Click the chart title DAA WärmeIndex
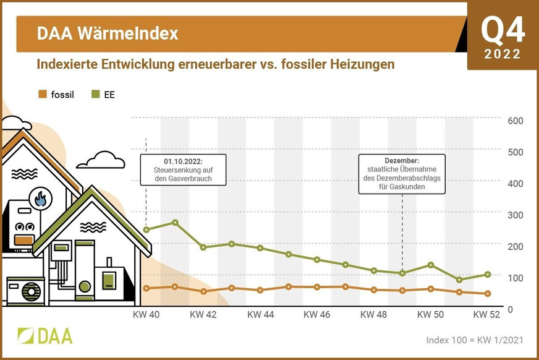point(108,33)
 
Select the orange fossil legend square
point(42,95)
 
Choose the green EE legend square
point(95,95)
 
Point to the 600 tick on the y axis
point(515,121)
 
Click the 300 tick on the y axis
point(515,215)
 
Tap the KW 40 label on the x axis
point(146,315)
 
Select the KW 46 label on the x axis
point(317,315)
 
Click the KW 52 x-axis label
point(487,315)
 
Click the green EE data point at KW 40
point(146,230)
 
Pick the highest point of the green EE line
point(175,223)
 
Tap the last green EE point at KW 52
point(487,274)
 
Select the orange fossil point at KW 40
point(146,288)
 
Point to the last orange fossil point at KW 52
point(487,294)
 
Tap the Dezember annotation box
point(402,174)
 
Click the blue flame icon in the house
point(41,199)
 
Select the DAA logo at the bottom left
point(45,335)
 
